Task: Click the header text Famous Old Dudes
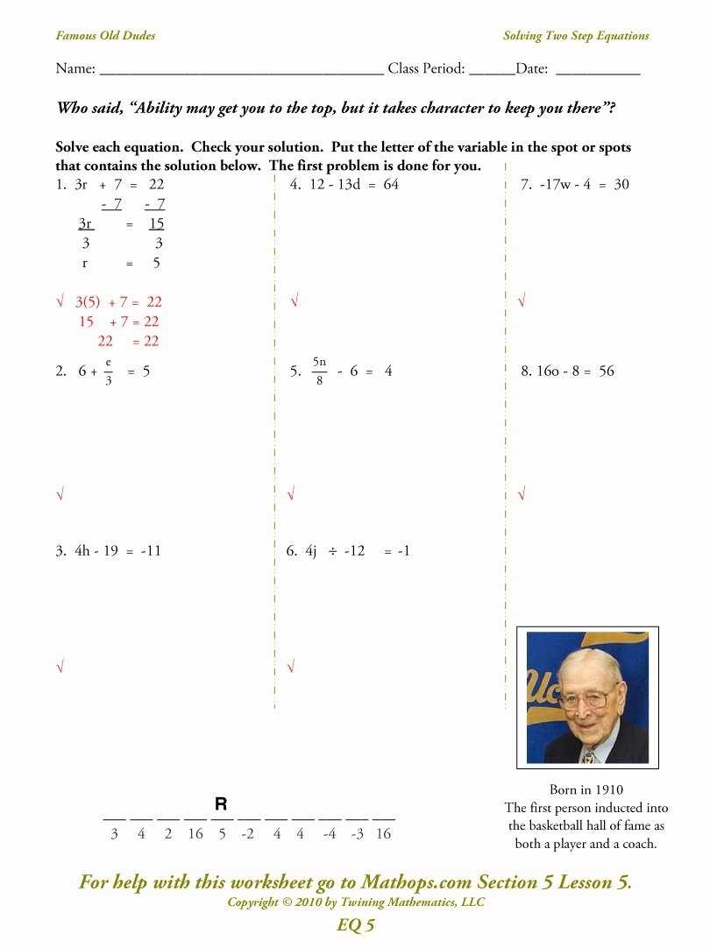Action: click(105, 36)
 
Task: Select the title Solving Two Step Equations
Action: click(576, 36)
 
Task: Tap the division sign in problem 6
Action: click(333, 551)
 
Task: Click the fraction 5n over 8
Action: click(320, 371)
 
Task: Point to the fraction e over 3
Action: click(108, 371)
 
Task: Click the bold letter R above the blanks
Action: click(221, 803)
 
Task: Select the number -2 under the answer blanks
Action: click(248, 834)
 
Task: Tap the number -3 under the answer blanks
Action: click(357, 834)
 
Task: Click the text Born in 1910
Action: click(586, 789)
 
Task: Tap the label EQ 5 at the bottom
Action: click(355, 925)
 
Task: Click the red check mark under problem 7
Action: click(522, 301)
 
